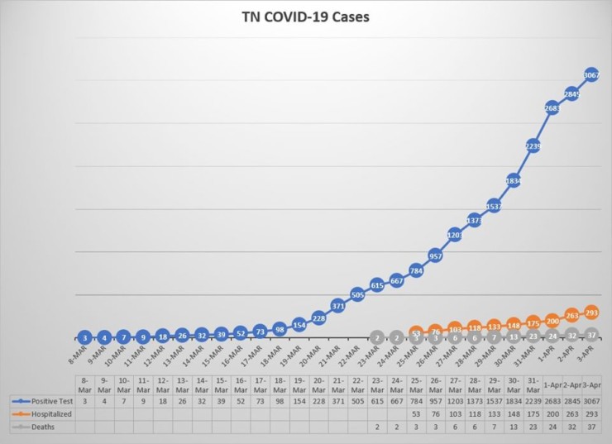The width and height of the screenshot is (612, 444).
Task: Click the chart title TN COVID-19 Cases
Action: click(x=305, y=16)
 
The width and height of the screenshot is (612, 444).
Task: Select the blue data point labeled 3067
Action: click(x=591, y=75)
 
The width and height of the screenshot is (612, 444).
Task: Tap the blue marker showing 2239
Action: click(x=533, y=146)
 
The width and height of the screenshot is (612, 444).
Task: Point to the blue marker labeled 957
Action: click(x=436, y=255)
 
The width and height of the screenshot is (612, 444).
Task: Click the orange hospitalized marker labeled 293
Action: click(x=591, y=313)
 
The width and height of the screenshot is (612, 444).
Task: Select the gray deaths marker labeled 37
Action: click(x=591, y=334)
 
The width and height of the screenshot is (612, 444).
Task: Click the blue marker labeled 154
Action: click(x=299, y=324)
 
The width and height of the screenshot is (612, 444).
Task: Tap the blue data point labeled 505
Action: click(x=357, y=294)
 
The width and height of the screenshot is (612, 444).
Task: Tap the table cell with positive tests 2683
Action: click(x=552, y=399)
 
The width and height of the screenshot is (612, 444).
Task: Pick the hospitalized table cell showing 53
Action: click(x=416, y=413)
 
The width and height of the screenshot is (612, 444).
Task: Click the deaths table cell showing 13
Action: click(x=514, y=426)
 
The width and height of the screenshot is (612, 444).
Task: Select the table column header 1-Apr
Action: click(x=552, y=382)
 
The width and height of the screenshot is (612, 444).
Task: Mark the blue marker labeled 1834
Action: click(x=514, y=180)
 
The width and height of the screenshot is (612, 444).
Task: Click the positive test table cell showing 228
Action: click(x=318, y=399)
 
